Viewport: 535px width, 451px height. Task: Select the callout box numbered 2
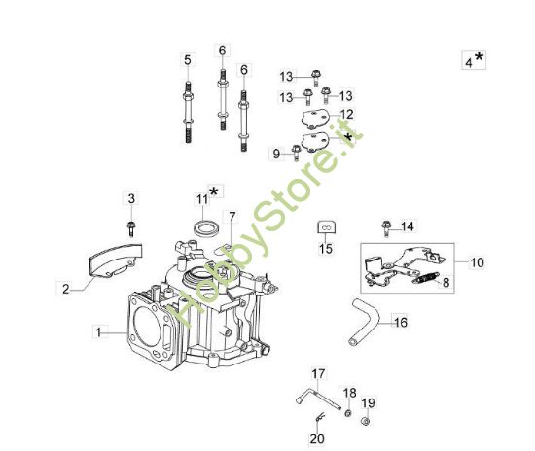(x=66, y=289)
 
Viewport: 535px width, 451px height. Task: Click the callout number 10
(x=476, y=262)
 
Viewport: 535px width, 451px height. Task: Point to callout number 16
(x=400, y=320)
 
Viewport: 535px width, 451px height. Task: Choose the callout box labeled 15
(x=326, y=249)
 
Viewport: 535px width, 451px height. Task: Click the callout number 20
(x=318, y=438)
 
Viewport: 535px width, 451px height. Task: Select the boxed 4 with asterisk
(x=474, y=60)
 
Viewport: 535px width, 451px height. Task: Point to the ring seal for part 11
(x=205, y=226)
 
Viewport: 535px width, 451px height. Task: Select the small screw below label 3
(x=130, y=228)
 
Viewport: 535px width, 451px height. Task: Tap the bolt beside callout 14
(x=386, y=225)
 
